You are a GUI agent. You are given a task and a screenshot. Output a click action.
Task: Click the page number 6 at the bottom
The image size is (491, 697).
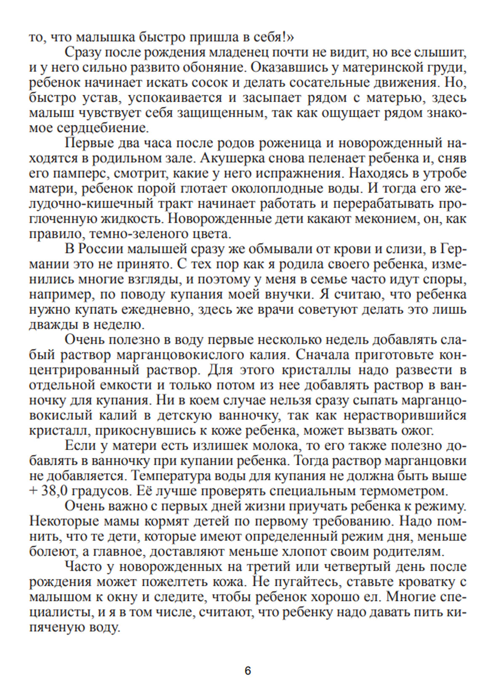pos(248,671)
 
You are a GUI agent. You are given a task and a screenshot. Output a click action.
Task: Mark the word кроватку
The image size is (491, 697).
pos(424,583)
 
